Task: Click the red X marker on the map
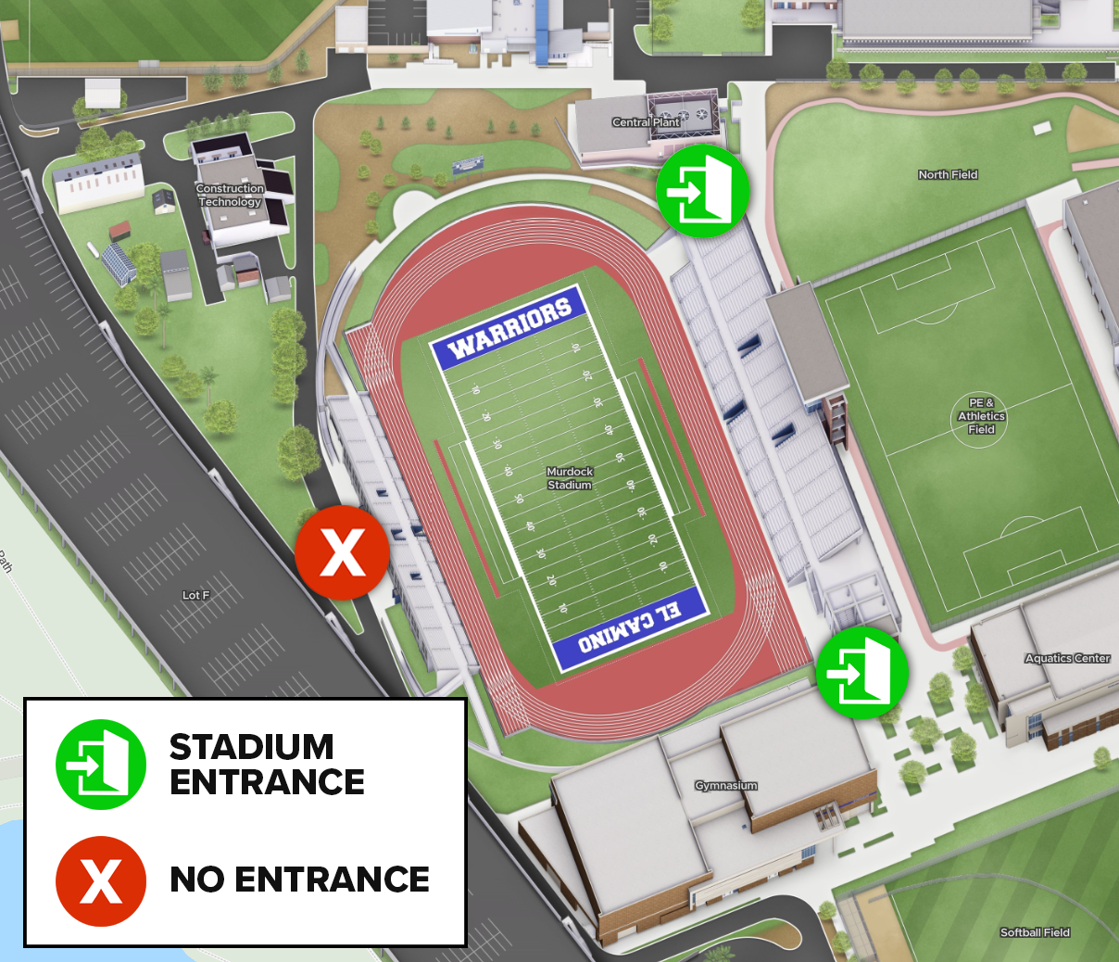342,553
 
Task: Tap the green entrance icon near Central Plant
702,191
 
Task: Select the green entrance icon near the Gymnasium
862,672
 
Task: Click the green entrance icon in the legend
101,765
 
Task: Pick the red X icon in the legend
101,880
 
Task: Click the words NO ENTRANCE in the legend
299,880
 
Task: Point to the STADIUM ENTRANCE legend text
267,765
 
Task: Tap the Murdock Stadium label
569,478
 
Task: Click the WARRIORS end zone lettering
509,329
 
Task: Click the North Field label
948,174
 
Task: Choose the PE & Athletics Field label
982,416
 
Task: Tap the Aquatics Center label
1067,658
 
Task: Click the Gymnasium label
726,785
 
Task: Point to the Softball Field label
1035,932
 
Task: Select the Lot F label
195,595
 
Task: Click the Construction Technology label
230,195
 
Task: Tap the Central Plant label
646,122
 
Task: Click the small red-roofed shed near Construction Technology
119,229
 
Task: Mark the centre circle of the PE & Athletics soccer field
982,417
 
